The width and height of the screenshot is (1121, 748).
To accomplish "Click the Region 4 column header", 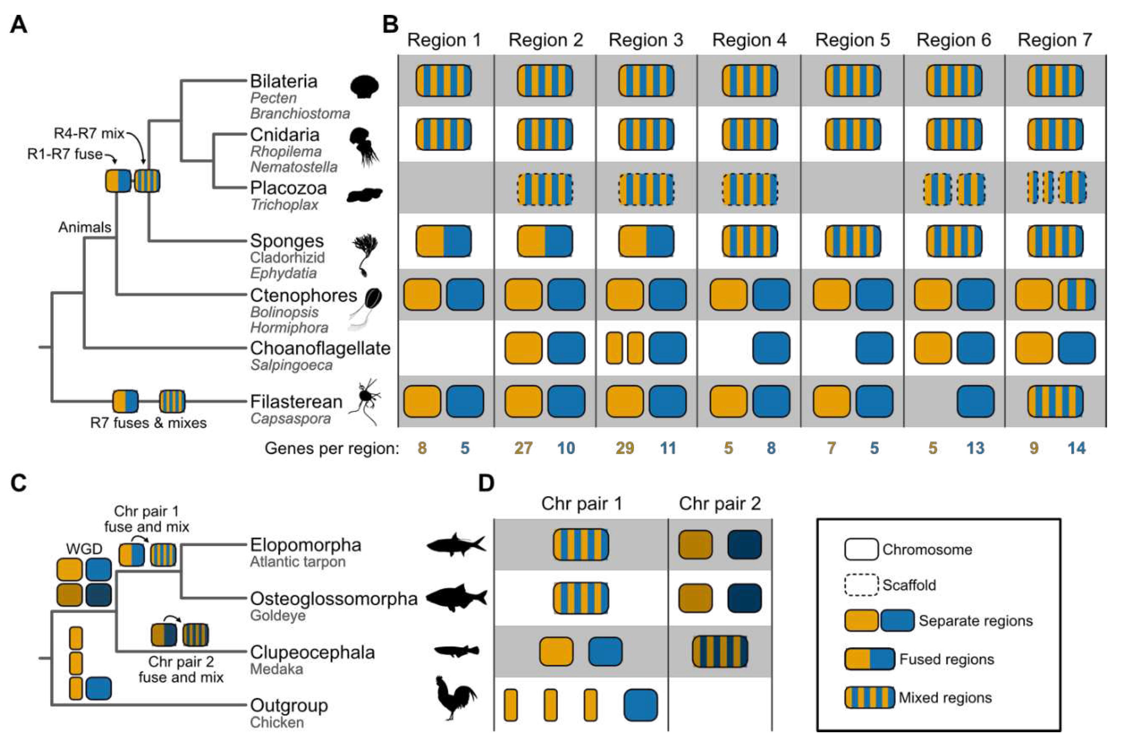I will (x=749, y=40).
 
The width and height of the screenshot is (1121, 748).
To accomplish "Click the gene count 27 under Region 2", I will (x=523, y=448).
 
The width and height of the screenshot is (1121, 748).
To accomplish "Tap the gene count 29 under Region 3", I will (x=624, y=448).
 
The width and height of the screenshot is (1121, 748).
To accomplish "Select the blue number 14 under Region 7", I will (x=1077, y=448).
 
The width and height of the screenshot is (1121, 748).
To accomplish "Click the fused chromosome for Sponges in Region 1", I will (x=444, y=241).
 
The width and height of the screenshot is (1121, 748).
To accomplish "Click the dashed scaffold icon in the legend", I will (x=861, y=585).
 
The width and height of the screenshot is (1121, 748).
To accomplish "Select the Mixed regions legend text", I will (x=945, y=698).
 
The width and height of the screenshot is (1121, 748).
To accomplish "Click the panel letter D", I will (x=486, y=483).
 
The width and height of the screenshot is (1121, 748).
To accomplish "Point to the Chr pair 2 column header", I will (x=719, y=504).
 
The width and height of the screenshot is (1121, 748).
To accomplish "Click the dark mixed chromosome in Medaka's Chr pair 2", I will (x=719, y=651).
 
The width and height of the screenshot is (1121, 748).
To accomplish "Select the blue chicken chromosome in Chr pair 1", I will (x=640, y=705).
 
